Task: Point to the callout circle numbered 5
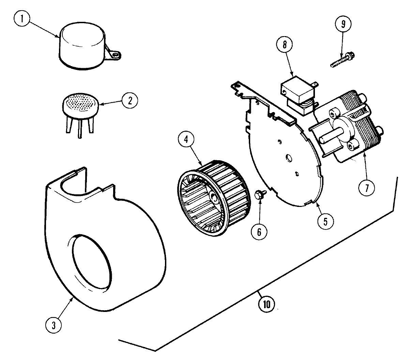point(325,221)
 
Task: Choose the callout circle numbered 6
point(259,231)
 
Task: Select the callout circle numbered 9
point(343,24)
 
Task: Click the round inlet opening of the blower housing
point(91,262)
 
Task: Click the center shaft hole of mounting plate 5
point(289,159)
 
